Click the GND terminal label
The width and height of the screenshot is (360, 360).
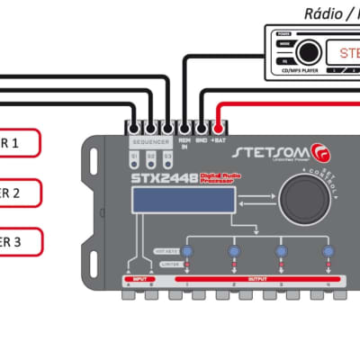click(x=202, y=141)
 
